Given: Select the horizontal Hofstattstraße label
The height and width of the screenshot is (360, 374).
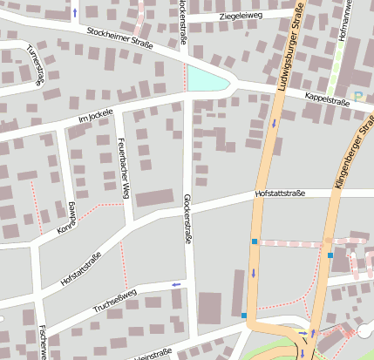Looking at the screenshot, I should pyautogui.click(x=280, y=194).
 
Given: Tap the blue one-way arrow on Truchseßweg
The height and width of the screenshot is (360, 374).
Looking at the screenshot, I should pyautogui.click(x=177, y=284).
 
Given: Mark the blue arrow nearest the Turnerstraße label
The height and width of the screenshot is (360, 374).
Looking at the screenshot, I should pyautogui.click(x=74, y=12).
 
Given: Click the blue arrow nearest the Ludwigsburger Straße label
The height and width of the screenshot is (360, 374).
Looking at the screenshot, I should pyautogui.click(x=275, y=123).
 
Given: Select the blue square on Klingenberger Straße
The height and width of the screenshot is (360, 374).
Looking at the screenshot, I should pyautogui.click(x=330, y=255).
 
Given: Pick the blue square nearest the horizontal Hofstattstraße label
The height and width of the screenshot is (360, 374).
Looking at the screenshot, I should pyautogui.click(x=255, y=241).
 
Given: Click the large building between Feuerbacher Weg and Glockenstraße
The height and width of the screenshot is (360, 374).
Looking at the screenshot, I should pyautogui.click(x=154, y=198).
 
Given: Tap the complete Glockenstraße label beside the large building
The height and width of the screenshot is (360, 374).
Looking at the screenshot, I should pyautogui.click(x=187, y=218).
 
